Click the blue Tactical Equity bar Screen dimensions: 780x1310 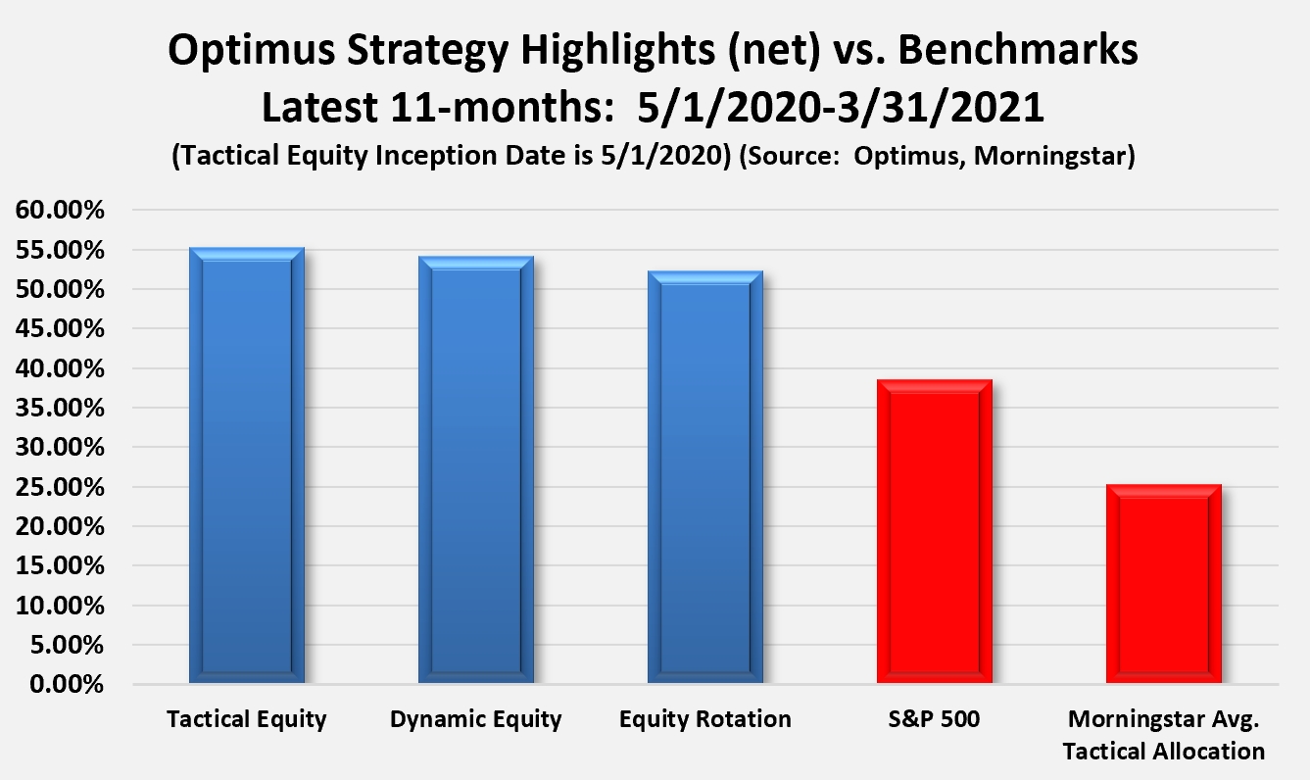pos(247,465)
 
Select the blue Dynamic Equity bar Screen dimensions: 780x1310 pos(476,470)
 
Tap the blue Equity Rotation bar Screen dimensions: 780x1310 pos(705,477)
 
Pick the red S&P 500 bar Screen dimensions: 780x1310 pos(935,531)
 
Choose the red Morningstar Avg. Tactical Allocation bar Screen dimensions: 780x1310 pos(1164,584)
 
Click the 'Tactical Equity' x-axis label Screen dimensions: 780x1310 pos(247,719)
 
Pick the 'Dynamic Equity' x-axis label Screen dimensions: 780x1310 pos(476,719)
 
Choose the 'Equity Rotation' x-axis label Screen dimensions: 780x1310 pos(705,719)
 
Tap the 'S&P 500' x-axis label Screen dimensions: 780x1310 pos(935,719)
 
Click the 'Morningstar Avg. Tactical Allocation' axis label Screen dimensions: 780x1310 pos(1164,735)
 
